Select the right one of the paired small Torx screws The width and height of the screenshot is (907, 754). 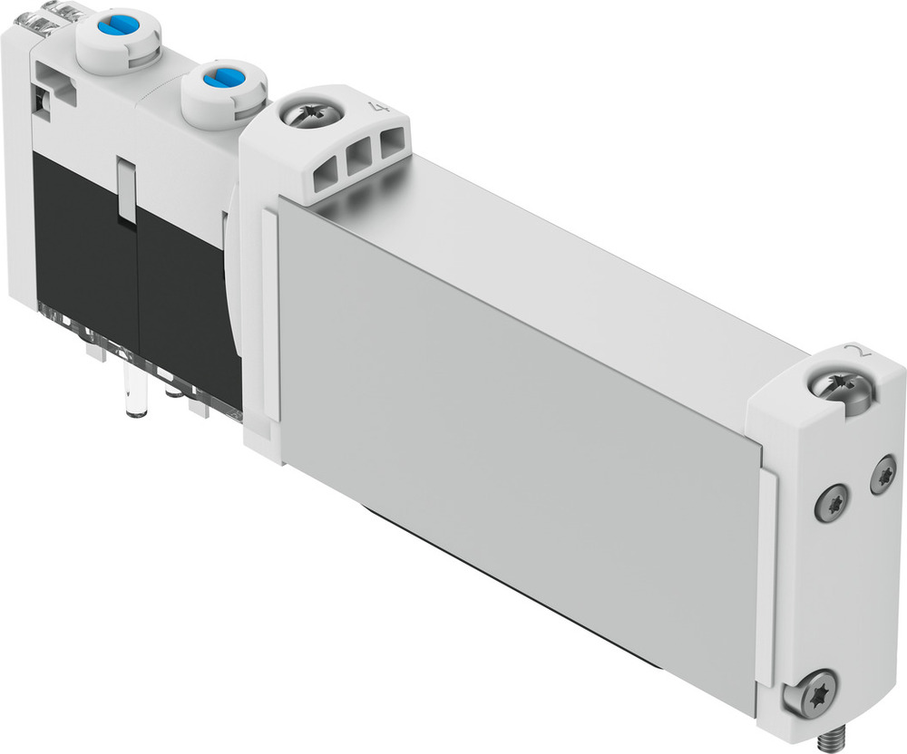click(883, 475)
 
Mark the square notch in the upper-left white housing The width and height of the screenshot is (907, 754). click(44, 99)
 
